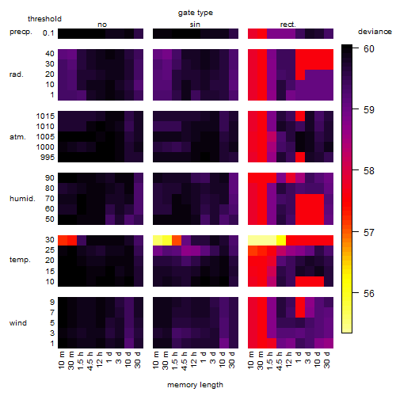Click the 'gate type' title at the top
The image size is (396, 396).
click(196, 13)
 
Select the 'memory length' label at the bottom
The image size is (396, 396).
click(195, 385)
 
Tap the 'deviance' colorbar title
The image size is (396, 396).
click(375, 32)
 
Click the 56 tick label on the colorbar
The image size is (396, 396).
click(369, 293)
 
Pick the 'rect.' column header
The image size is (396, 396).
click(288, 25)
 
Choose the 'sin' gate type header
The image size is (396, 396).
click(195, 25)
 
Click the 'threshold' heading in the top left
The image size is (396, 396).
click(44, 19)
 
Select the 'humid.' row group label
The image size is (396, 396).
click(22, 199)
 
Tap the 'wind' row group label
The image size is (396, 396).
click(18, 323)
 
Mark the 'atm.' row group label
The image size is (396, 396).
click(17, 137)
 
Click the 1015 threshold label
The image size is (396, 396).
click(45, 116)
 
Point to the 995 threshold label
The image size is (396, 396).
click(48, 158)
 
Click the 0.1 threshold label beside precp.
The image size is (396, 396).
click(48, 33)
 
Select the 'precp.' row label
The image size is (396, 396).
click(21, 32)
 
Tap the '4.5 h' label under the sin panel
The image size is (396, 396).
click(185, 360)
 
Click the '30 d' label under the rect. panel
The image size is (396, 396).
click(327, 360)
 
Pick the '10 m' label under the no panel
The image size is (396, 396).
click(61, 360)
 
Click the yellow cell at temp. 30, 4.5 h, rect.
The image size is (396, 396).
click(281, 240)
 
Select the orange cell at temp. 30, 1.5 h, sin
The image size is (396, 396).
click(177, 240)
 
